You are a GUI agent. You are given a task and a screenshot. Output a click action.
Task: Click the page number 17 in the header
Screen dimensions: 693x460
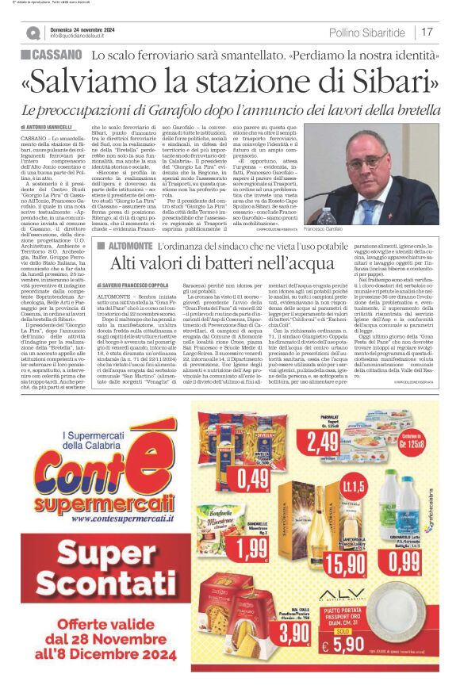[x=427, y=32]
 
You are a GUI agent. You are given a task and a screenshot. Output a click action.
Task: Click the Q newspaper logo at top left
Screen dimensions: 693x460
[x=33, y=33]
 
